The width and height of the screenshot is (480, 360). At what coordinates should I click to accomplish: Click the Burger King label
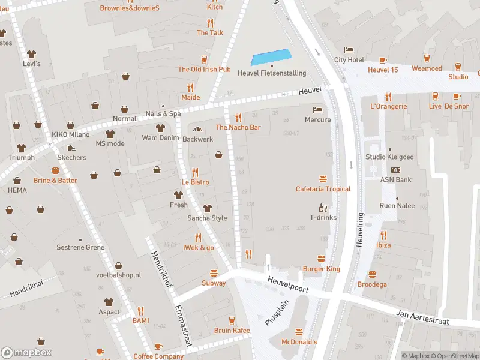click(321, 269)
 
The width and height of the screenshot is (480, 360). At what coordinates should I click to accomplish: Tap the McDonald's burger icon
click(299, 331)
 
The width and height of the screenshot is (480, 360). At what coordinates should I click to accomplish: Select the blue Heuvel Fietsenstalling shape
click(271, 57)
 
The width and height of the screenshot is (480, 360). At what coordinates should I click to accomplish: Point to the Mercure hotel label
click(317, 119)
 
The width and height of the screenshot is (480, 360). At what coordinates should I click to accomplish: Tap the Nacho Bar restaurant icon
click(238, 117)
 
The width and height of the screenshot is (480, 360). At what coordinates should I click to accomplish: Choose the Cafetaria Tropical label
click(323, 189)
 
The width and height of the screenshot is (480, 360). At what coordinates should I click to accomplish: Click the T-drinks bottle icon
click(323, 208)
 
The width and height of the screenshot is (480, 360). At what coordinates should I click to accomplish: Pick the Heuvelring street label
click(361, 228)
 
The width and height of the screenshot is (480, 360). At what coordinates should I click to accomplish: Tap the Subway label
click(214, 283)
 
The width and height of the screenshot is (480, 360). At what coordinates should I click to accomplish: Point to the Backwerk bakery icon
click(197, 129)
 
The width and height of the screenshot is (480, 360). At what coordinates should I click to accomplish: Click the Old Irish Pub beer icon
click(204, 59)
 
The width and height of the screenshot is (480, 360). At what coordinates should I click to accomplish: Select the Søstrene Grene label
click(80, 247)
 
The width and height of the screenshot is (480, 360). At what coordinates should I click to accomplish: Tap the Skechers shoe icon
click(71, 148)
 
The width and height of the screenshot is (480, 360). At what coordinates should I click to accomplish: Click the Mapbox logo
click(26, 353)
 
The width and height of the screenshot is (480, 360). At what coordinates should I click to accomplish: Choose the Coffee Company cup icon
click(158, 346)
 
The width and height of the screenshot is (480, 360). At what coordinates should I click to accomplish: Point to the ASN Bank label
click(395, 179)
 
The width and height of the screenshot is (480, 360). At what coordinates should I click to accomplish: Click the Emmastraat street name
click(182, 325)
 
